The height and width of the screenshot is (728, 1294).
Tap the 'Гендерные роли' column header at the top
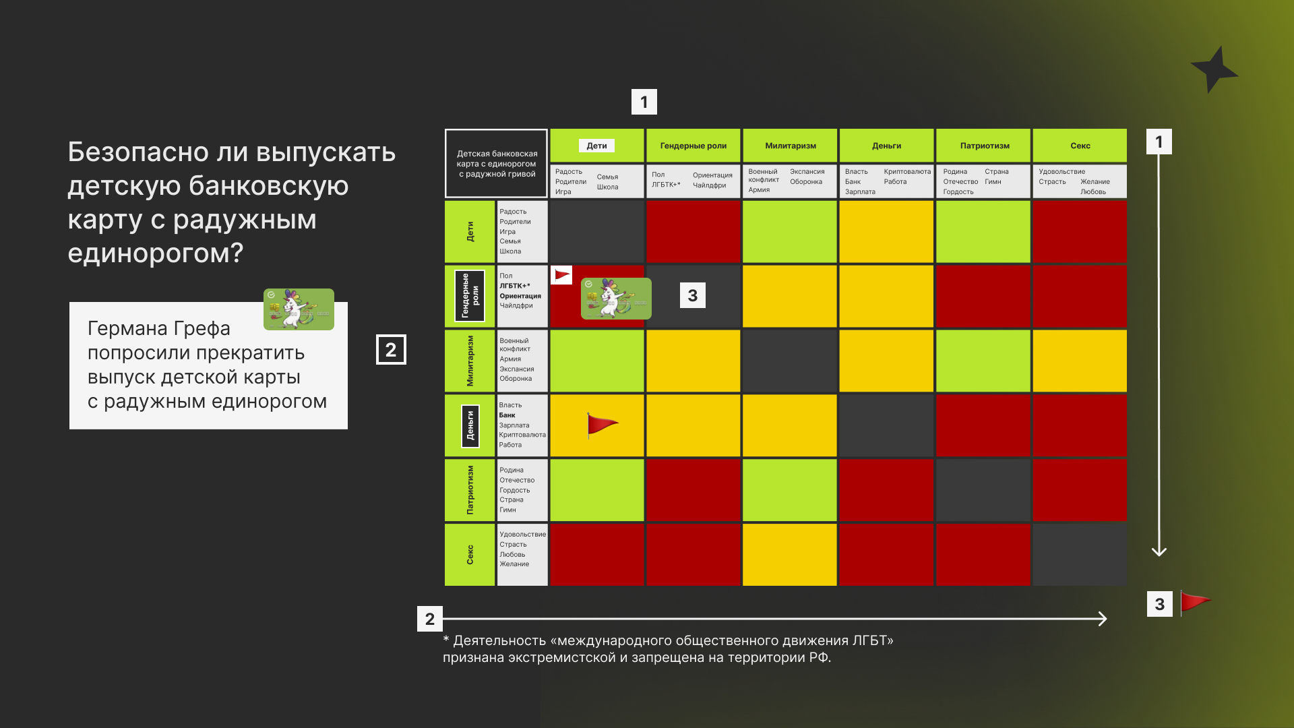(x=693, y=146)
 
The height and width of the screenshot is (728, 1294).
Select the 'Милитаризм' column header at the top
(x=790, y=146)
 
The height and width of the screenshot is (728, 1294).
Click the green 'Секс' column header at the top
(x=1080, y=146)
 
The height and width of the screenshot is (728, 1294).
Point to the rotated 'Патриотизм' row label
(x=470, y=490)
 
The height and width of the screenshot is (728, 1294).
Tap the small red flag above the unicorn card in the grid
(x=561, y=275)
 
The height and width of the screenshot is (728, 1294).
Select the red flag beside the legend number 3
(x=1196, y=602)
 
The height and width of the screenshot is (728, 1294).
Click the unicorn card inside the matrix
(x=616, y=298)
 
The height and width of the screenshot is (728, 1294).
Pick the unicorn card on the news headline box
(x=299, y=309)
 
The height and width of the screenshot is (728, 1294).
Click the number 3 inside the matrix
(x=693, y=295)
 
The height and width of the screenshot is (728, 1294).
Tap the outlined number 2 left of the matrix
(x=391, y=350)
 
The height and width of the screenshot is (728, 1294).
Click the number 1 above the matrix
(x=644, y=102)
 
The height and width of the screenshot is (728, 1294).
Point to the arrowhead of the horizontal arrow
(x=1103, y=619)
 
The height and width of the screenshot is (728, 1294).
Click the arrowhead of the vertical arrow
(x=1159, y=551)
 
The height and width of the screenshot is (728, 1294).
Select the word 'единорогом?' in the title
(x=155, y=253)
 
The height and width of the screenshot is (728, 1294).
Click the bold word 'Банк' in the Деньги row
(x=507, y=415)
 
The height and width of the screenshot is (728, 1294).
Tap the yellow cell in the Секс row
(x=789, y=555)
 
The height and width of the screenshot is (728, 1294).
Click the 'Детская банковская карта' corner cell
(x=497, y=163)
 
